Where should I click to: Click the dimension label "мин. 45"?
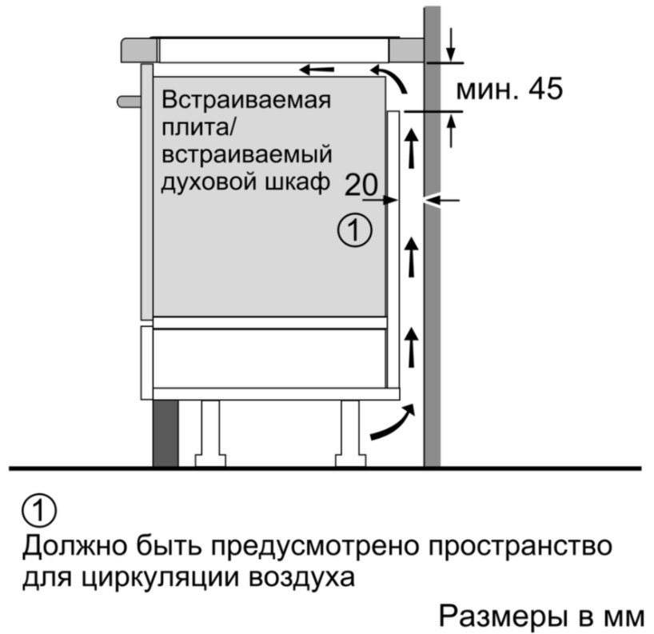coord(508,89)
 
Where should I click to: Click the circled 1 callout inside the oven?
coord(354,230)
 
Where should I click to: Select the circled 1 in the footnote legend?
coord(39,510)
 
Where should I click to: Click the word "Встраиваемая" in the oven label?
coord(246,100)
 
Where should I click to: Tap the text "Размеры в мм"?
coord(541,616)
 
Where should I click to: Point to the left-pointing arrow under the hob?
coord(317,70)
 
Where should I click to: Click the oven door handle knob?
coord(129,102)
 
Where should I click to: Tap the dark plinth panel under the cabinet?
coord(165,433)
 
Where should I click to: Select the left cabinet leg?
coord(210,433)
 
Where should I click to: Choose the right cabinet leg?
coord(350,433)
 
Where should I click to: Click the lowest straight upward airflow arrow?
coord(412,347)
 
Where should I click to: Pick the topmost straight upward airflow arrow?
coord(412,148)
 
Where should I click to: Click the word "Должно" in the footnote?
coord(74,545)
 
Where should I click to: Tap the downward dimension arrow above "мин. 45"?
coord(450,44)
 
